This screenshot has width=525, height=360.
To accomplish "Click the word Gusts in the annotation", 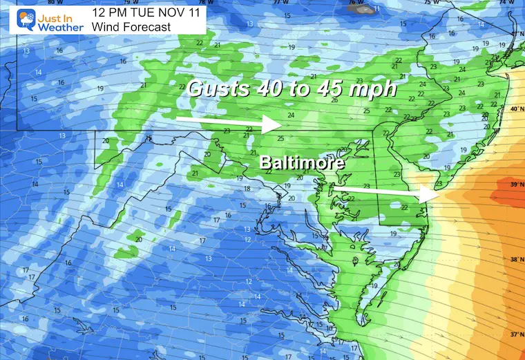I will (x=216, y=88).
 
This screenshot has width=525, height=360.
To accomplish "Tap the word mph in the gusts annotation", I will (x=379, y=88).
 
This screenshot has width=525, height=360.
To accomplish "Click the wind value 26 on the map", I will (x=336, y=101).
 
